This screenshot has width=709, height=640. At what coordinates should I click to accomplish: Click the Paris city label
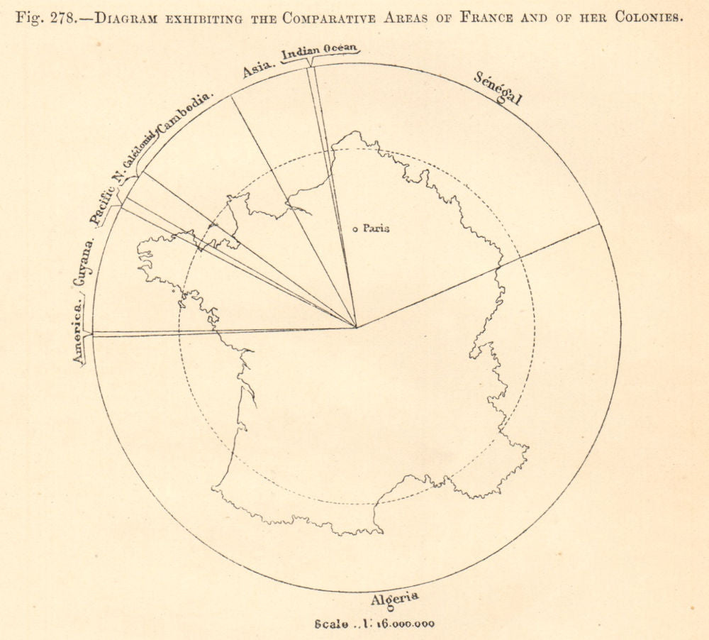pos(376,228)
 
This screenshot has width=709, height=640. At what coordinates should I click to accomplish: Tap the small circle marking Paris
pos(355,228)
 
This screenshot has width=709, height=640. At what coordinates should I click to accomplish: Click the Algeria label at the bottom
pos(394,600)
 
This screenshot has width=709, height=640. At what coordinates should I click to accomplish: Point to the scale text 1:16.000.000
pos(374,625)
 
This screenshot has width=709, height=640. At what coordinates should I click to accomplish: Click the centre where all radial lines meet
pos(357,328)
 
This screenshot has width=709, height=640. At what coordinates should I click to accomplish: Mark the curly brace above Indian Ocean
pos(320,60)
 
